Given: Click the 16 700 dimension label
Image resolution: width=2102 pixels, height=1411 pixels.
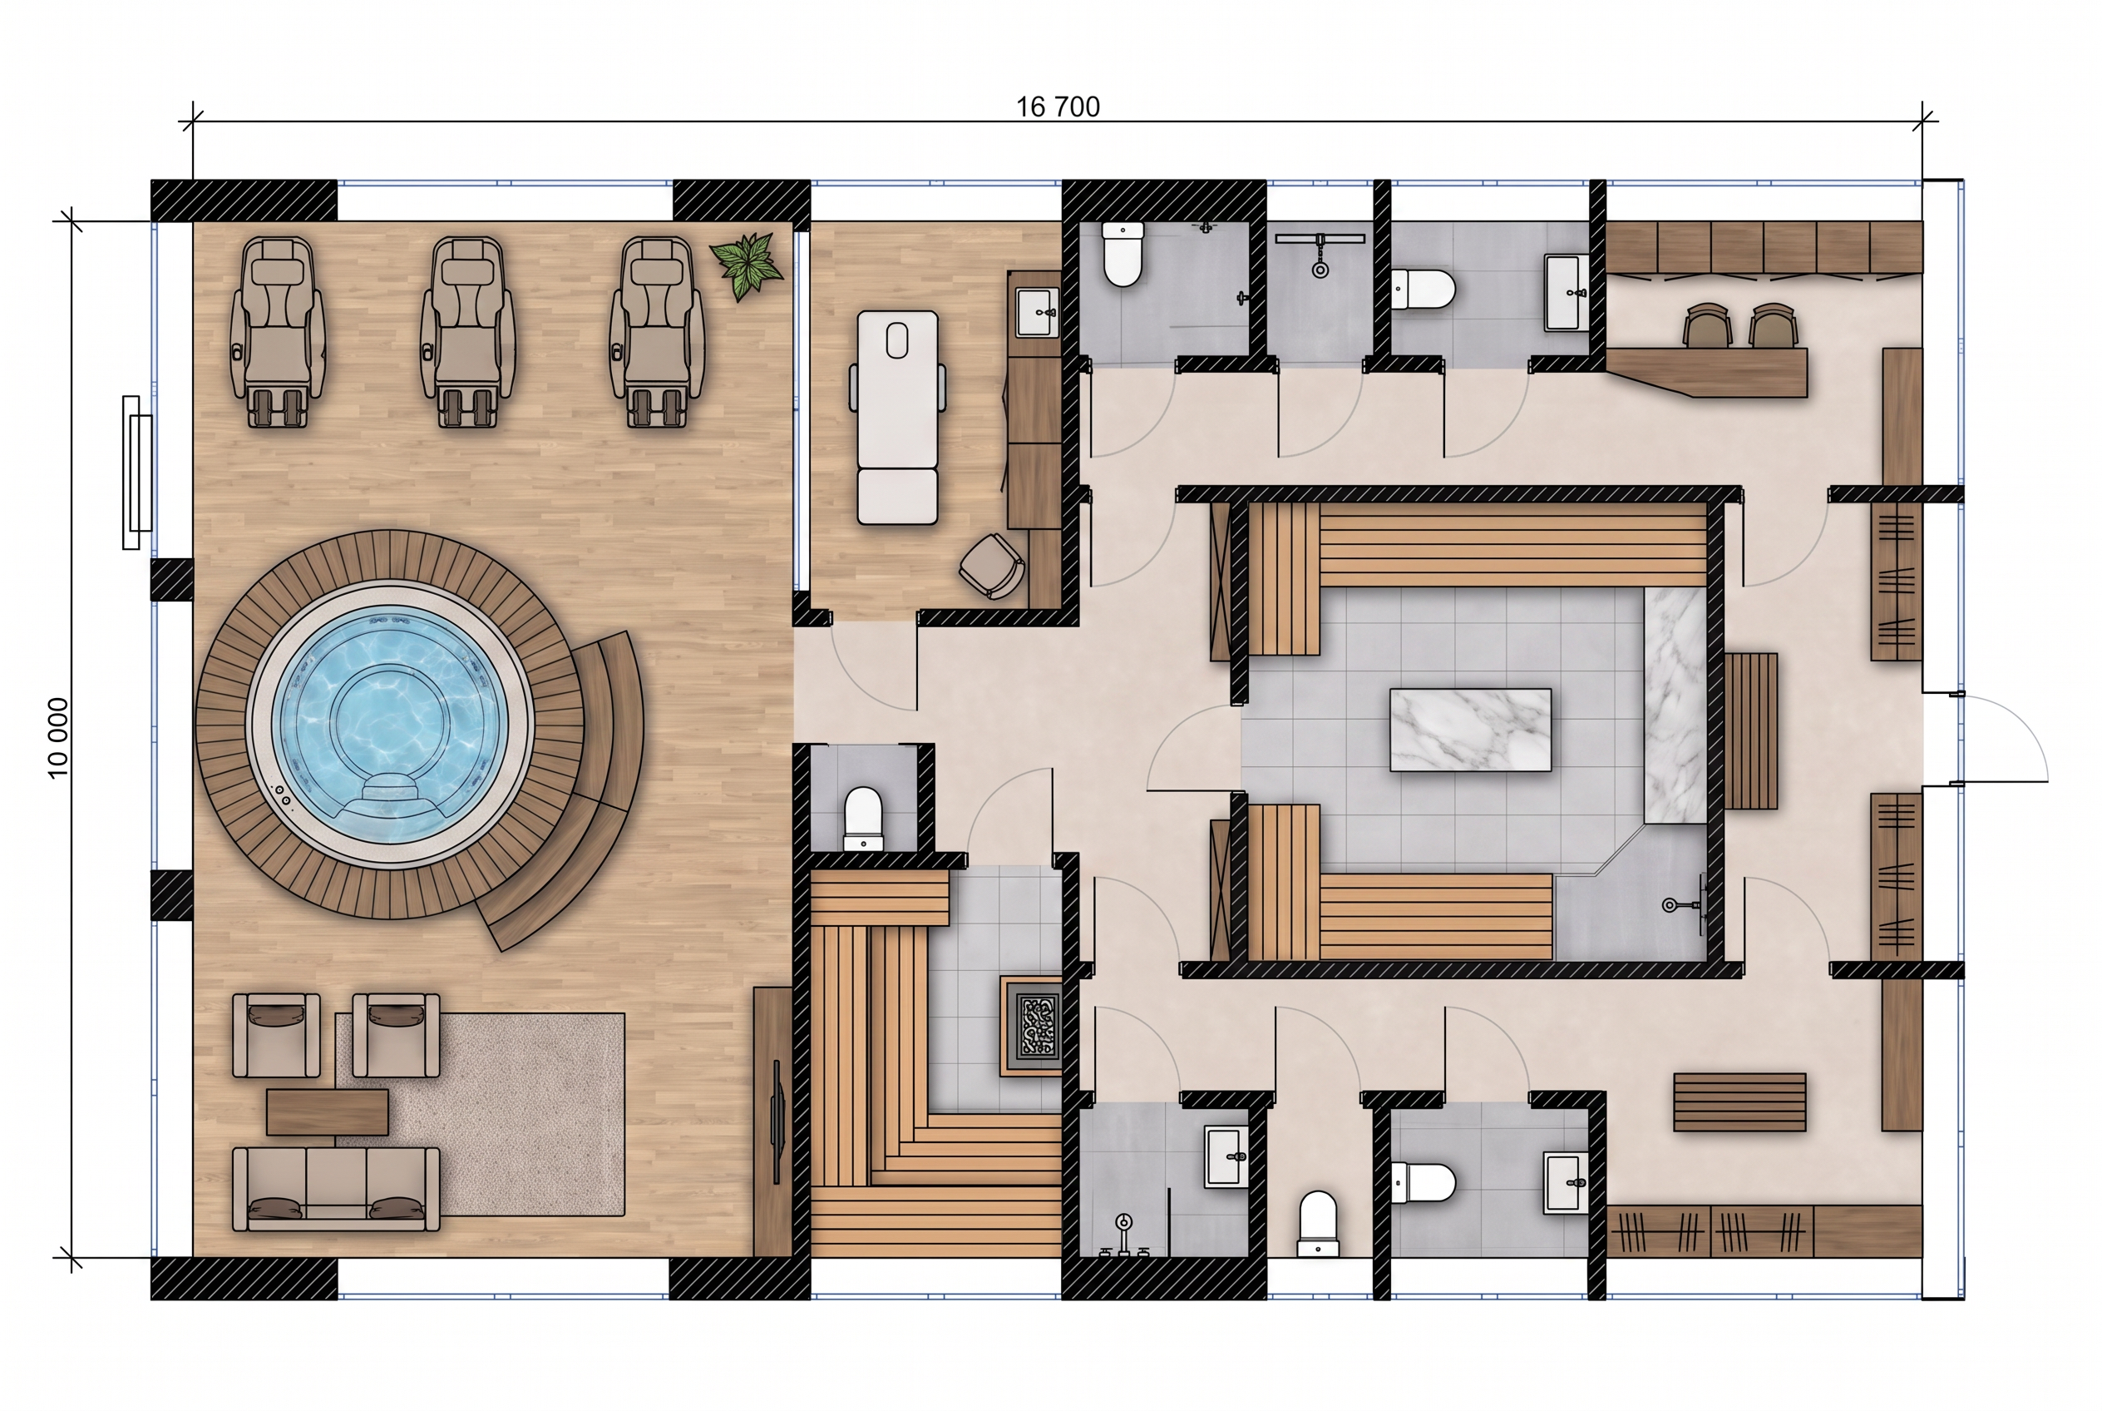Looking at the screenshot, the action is pos(1058,107).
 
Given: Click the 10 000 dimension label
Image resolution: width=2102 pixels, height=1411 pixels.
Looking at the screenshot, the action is pos(57,738).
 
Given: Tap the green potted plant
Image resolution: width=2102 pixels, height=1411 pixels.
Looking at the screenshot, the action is pos(746,265).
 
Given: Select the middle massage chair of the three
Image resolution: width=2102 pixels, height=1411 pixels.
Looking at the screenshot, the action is pos(467,331).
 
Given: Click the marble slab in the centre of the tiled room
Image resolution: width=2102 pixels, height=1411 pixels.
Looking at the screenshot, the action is pos(1470,730).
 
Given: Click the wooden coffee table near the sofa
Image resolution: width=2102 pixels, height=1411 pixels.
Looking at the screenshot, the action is pos(328,1112).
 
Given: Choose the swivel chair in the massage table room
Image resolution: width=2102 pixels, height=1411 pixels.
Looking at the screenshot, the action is pos(992,565).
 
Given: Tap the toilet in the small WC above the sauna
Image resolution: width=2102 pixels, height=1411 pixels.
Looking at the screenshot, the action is pos(862,818).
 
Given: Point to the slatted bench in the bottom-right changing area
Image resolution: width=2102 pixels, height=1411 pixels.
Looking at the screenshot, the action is pos(1739,1102).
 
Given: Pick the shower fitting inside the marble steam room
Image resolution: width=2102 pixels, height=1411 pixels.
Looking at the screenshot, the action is pos(1684,903).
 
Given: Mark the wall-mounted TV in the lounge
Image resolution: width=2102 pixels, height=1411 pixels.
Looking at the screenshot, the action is pos(777,1122).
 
